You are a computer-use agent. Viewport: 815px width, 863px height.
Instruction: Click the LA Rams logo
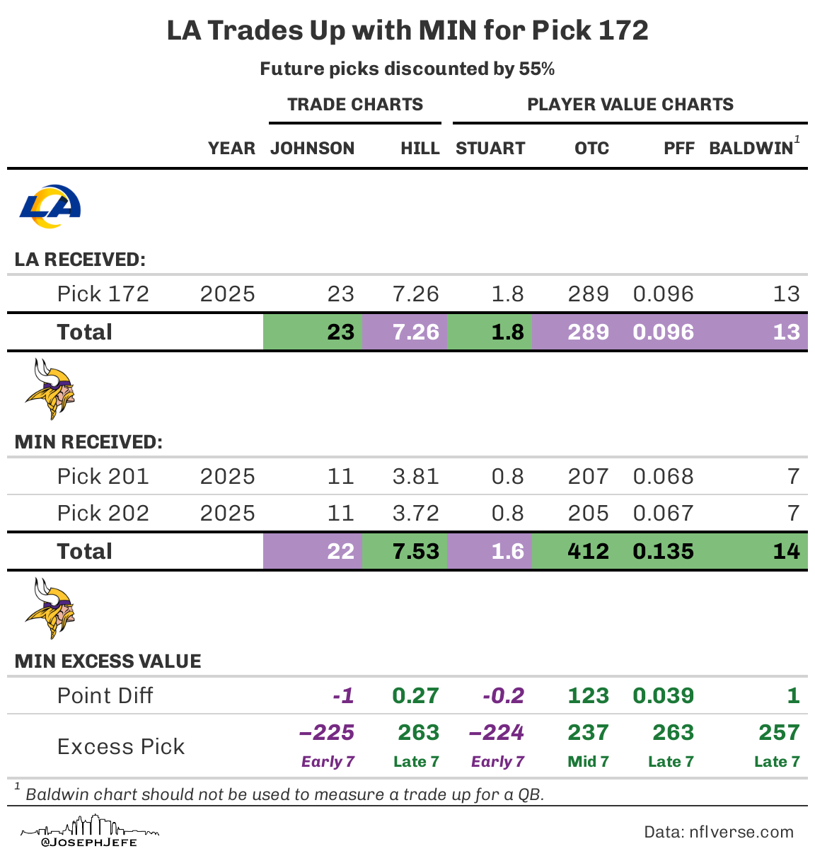click(x=50, y=206)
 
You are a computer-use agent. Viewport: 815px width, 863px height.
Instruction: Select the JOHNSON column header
click(x=312, y=149)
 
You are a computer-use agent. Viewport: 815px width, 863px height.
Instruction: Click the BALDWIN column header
click(x=751, y=149)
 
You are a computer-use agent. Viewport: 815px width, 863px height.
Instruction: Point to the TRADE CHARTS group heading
click(x=354, y=105)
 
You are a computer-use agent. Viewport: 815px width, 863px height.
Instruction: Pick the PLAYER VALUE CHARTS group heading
click(x=630, y=105)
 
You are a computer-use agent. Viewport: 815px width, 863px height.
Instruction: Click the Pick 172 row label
click(x=103, y=294)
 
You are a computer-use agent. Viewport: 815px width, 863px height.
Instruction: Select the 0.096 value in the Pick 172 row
click(x=663, y=294)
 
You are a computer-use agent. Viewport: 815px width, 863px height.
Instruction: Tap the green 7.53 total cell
click(x=415, y=552)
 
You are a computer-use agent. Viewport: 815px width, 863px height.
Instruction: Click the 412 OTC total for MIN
click(x=588, y=552)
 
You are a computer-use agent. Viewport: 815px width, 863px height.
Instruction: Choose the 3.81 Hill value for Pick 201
click(x=415, y=477)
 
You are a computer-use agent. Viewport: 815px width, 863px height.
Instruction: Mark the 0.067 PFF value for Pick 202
click(x=663, y=514)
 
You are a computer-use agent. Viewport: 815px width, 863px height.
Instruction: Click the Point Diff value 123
click(x=588, y=696)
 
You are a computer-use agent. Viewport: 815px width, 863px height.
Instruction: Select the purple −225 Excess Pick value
click(x=327, y=733)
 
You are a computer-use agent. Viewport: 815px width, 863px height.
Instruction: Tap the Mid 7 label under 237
click(x=588, y=762)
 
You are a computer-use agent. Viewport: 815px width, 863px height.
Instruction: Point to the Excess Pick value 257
click(x=778, y=733)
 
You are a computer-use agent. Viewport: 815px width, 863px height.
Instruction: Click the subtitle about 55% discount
click(x=407, y=69)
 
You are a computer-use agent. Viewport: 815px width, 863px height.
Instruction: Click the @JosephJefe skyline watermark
click(x=90, y=832)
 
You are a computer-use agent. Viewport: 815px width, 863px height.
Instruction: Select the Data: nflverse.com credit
click(x=718, y=833)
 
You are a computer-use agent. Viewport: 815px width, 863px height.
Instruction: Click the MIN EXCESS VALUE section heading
click(x=108, y=661)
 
